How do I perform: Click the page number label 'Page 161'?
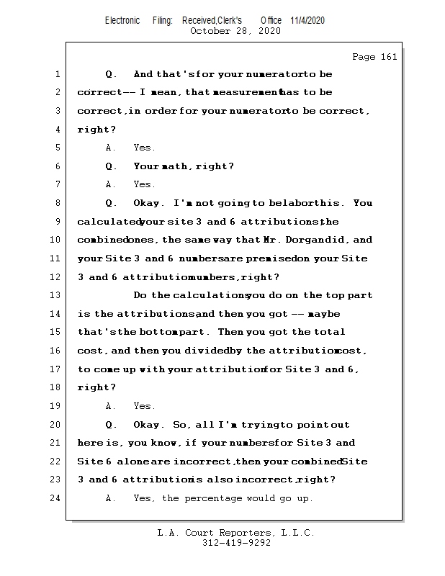[374, 57]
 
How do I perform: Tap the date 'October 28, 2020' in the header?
[235, 31]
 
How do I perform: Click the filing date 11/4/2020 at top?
[307, 20]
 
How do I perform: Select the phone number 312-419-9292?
[236, 544]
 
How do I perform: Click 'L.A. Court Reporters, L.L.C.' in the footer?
[236, 534]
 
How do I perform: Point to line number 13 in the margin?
[56, 295]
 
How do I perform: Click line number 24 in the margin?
[56, 498]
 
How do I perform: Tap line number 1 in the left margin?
[56, 74]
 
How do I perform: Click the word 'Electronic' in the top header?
[122, 20]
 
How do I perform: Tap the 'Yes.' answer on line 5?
[144, 148]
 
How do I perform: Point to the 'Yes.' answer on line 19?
[144, 406]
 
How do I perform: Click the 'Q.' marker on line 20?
[111, 425]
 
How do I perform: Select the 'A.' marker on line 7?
[111, 185]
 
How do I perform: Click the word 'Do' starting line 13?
[141, 295]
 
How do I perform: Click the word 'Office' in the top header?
[271, 20]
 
